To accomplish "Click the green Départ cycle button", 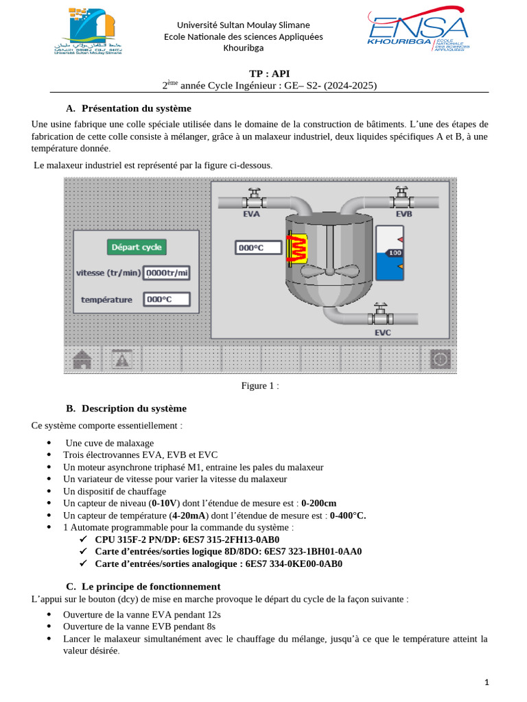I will pyautogui.click(x=137, y=247).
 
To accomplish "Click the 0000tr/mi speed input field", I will pyautogui.click(x=167, y=273).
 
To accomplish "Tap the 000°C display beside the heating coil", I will pyautogui.click(x=259, y=247).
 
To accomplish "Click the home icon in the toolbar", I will pyautogui.click(x=82, y=359).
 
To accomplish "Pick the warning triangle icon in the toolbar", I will pyautogui.click(x=121, y=359).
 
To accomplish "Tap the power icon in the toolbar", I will pyautogui.click(x=440, y=359).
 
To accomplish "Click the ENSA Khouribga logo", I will pyautogui.click(x=418, y=32).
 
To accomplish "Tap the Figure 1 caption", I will pyautogui.click(x=260, y=386).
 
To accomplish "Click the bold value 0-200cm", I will pyautogui.click(x=319, y=503).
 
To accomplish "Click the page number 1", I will pyautogui.click(x=487, y=682).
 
